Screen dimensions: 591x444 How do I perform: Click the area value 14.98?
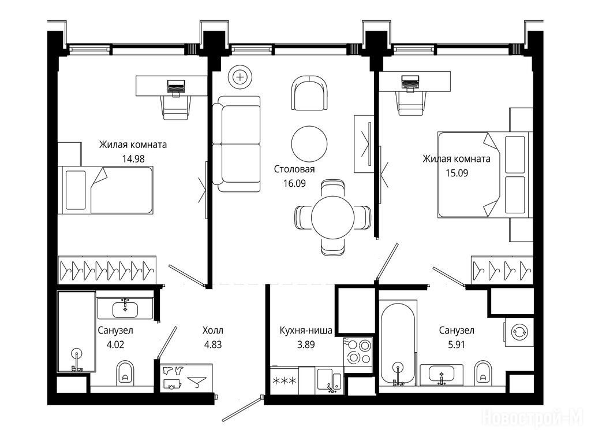click(x=133, y=159)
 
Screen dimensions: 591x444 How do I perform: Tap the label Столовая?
click(x=294, y=169)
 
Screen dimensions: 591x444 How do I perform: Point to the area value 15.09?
click(x=457, y=173)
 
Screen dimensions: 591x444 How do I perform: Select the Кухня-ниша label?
click(x=306, y=331)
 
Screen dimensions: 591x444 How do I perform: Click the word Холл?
click(x=212, y=331)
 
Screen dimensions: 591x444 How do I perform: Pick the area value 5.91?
click(x=456, y=345)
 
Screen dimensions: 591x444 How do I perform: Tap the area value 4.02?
click(x=115, y=345)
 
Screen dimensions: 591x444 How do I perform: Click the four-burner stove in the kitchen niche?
click(x=358, y=351)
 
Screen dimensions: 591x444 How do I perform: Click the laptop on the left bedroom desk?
click(x=176, y=86)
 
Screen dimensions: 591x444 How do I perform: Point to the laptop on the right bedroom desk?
click(x=410, y=82)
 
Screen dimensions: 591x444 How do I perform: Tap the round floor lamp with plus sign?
click(x=240, y=77)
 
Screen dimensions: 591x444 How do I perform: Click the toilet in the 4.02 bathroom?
click(x=125, y=373)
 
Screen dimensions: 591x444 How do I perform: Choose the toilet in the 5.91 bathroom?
click(x=483, y=373)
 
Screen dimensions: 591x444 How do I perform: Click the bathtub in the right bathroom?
click(x=398, y=343)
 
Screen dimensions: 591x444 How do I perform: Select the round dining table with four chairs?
click(x=332, y=217)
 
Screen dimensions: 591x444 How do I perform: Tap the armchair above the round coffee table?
click(x=309, y=93)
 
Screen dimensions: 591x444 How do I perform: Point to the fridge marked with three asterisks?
click(x=284, y=380)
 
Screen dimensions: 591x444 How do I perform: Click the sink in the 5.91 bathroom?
click(x=442, y=375)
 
